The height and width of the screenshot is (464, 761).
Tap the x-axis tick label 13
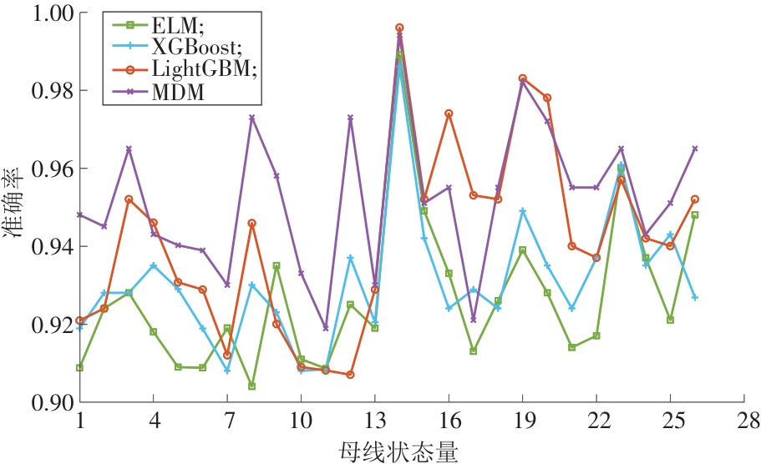click(x=375, y=418)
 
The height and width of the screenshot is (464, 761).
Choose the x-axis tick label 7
click(x=227, y=418)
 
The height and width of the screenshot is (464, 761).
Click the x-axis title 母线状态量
click(x=399, y=450)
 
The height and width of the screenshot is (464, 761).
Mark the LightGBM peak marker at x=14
click(x=399, y=28)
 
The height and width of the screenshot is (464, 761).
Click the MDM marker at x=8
click(x=251, y=118)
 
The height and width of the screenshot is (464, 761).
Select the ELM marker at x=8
click(x=251, y=386)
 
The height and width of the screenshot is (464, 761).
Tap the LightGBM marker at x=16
click(x=449, y=113)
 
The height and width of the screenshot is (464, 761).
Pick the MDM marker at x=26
click(x=695, y=149)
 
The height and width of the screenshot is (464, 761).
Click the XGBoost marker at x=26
click(x=695, y=297)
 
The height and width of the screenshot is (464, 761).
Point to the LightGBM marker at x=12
click(x=350, y=375)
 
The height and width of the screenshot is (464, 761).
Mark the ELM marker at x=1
click(x=79, y=367)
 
